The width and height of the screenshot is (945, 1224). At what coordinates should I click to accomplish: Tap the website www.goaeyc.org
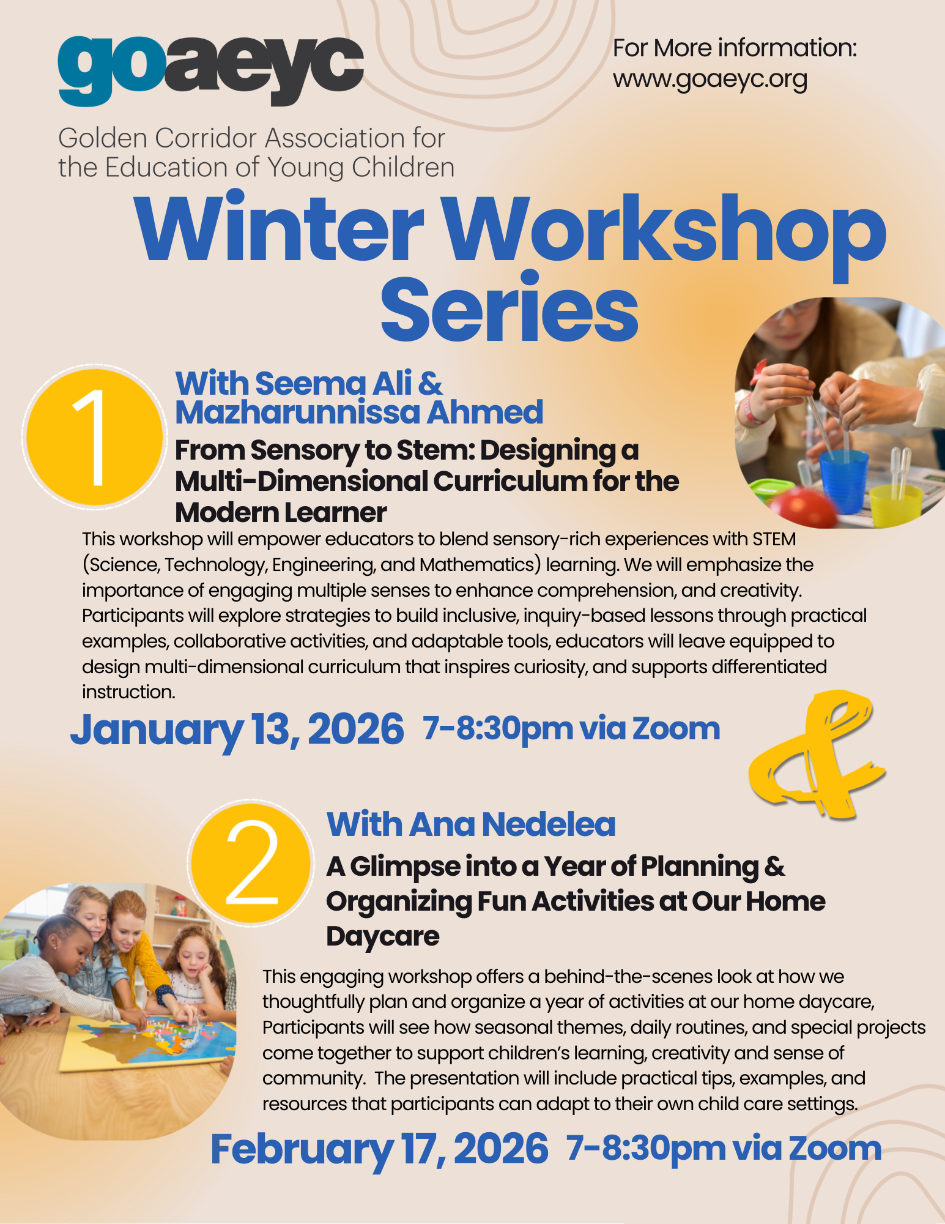coord(710,80)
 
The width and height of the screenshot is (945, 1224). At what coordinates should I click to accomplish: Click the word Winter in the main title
coord(280,228)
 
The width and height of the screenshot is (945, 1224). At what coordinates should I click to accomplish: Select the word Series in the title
coord(510,308)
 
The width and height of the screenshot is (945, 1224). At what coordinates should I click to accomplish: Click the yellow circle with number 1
coord(95,436)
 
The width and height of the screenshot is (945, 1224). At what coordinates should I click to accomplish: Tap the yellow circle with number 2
coord(251,862)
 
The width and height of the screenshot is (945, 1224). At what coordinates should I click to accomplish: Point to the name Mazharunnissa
coord(298,412)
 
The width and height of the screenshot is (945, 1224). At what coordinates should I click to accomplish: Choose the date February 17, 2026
coord(379,1149)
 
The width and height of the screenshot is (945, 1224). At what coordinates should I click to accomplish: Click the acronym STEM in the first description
coord(774,539)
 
